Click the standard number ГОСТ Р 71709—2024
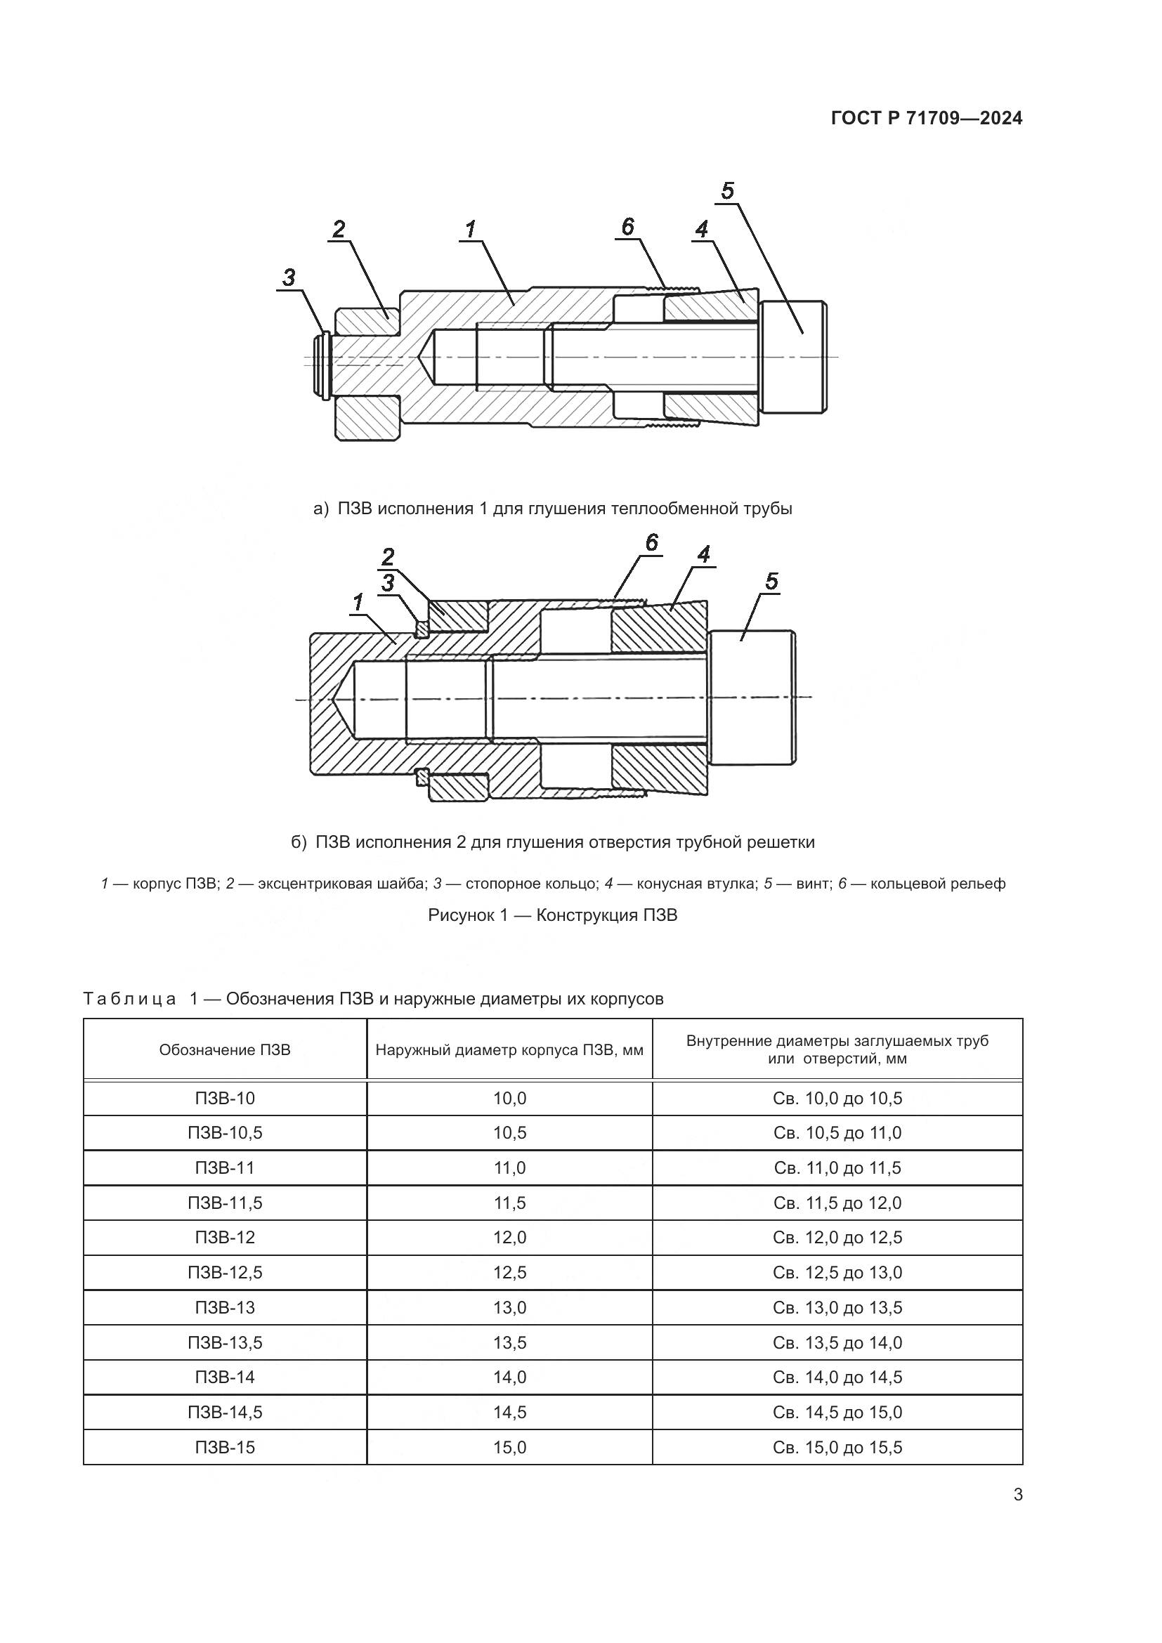[927, 118]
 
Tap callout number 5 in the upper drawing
[728, 191]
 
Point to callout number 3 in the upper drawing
[289, 277]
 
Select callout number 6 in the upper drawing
[627, 228]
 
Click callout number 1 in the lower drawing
[358, 603]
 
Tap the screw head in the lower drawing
[751, 698]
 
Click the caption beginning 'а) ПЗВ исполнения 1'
[553, 509]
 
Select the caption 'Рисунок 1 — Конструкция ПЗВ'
[552, 915]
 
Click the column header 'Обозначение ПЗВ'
[225, 1050]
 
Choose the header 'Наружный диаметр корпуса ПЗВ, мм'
[509, 1050]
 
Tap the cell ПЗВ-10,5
[225, 1133]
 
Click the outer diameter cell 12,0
[509, 1237]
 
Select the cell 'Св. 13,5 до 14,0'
[837, 1342]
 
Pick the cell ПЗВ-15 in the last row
[225, 1447]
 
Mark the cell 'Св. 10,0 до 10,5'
[837, 1099]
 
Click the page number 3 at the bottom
[1018, 1495]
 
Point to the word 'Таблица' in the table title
[129, 999]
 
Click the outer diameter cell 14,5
[509, 1412]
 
